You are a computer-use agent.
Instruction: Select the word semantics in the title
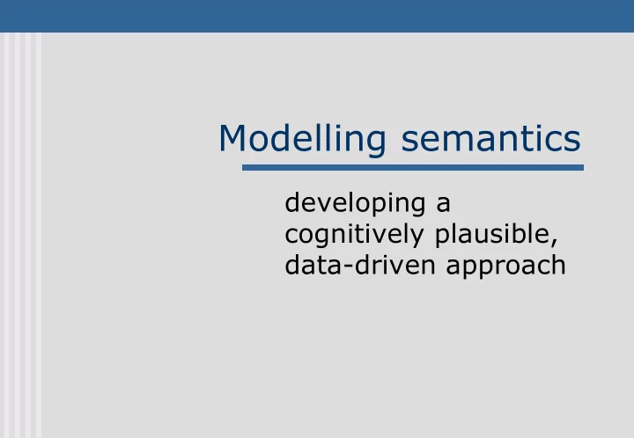pyautogui.click(x=490, y=138)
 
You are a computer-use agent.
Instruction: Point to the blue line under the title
pyautogui.click(x=413, y=167)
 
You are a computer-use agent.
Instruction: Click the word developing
pyautogui.click(x=355, y=204)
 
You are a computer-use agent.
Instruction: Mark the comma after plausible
pyautogui.click(x=555, y=242)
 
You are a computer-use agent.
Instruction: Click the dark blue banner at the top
pyautogui.click(x=317, y=16)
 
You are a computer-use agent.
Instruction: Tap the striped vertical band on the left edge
pyautogui.click(x=20, y=236)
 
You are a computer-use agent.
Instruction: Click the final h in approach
pyautogui.click(x=559, y=266)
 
